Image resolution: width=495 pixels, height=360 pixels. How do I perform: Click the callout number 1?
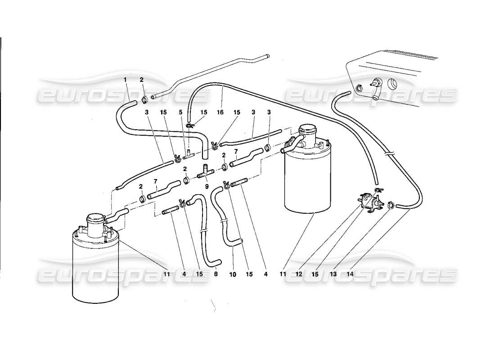(126, 80)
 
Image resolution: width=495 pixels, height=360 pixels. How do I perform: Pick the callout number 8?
(215, 273)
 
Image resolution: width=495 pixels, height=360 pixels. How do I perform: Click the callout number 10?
(233, 273)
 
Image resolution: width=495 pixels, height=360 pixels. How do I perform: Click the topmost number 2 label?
(142, 80)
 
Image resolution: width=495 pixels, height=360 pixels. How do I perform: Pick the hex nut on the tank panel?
(359, 88)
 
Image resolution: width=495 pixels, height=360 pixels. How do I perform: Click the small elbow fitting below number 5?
(188, 154)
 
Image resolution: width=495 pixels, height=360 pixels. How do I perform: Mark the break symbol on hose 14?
(388, 153)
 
